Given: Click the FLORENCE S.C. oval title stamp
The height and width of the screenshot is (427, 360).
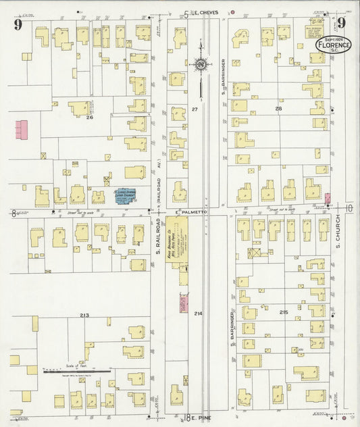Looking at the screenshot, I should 333,45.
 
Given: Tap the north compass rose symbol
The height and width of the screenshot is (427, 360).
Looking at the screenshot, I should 201,65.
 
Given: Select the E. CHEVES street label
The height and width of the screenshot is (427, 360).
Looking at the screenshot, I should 203,13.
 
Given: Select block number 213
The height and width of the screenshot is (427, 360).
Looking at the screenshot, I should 84,316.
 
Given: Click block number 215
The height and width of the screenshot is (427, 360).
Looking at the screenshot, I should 284,311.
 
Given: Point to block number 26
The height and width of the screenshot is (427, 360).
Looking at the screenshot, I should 88,118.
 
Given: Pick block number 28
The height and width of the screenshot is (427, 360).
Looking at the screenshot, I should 278,108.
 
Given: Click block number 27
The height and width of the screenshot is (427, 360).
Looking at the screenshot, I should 195,109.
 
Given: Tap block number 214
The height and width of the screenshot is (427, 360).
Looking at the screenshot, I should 198,313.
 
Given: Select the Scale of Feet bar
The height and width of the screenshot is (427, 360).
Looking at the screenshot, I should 76,371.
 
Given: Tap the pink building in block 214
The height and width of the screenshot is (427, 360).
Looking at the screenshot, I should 183,303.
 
